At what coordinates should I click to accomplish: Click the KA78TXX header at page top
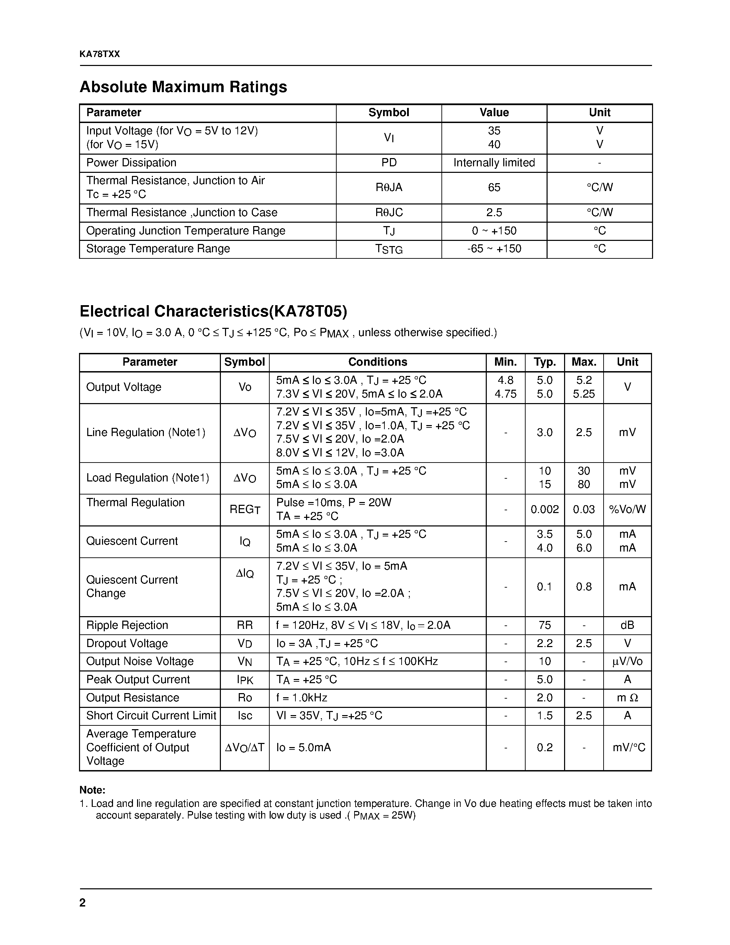[x=100, y=54]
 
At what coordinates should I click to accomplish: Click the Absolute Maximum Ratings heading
[x=183, y=87]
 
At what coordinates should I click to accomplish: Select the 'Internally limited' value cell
[x=494, y=163]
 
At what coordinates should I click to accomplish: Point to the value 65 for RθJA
[x=494, y=187]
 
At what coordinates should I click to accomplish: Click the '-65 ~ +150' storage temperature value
[x=494, y=249]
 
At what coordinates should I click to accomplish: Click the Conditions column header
[x=377, y=362]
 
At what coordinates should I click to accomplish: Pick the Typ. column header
[x=544, y=362]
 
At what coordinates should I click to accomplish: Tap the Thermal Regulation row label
[x=135, y=502]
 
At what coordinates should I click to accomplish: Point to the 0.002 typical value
[x=544, y=510]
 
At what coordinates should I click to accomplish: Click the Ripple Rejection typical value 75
[x=544, y=625]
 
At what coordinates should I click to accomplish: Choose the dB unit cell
[x=627, y=625]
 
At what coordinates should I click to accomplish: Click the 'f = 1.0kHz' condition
[x=301, y=698]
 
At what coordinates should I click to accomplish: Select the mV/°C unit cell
[x=628, y=747]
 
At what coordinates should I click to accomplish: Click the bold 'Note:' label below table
[x=92, y=790]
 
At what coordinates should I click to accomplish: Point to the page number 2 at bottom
[x=82, y=903]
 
